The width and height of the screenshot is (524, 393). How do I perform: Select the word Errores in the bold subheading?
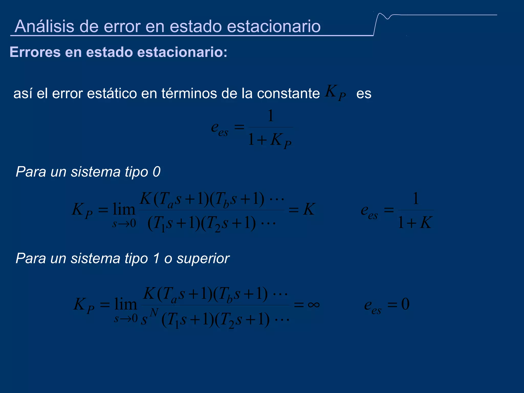point(35,52)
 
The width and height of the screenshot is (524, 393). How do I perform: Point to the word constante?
point(288,93)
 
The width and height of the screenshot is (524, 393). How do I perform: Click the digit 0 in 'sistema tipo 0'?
point(156,172)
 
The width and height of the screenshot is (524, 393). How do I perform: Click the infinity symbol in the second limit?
point(314,304)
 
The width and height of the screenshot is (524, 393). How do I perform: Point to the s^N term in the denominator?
point(149,317)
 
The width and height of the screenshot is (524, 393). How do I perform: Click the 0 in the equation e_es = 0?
point(405,304)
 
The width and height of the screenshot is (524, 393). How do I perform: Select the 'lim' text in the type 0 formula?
point(124,209)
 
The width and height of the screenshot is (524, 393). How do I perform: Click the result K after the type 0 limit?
point(309,209)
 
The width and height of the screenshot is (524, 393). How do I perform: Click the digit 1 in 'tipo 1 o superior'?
point(156,258)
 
